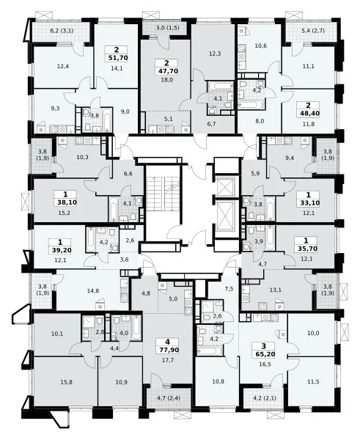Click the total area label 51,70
coord(117,59)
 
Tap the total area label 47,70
coord(167,71)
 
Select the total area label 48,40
coord(308,114)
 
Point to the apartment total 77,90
coord(168,350)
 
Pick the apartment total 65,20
coord(264,354)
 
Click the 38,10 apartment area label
coord(66,202)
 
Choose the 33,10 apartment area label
coord(309,203)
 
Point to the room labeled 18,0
coord(167,80)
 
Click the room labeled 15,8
coord(66,382)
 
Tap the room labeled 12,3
coord(215,54)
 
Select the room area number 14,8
coord(93,290)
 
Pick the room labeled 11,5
coord(313,381)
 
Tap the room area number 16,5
coord(264,364)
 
